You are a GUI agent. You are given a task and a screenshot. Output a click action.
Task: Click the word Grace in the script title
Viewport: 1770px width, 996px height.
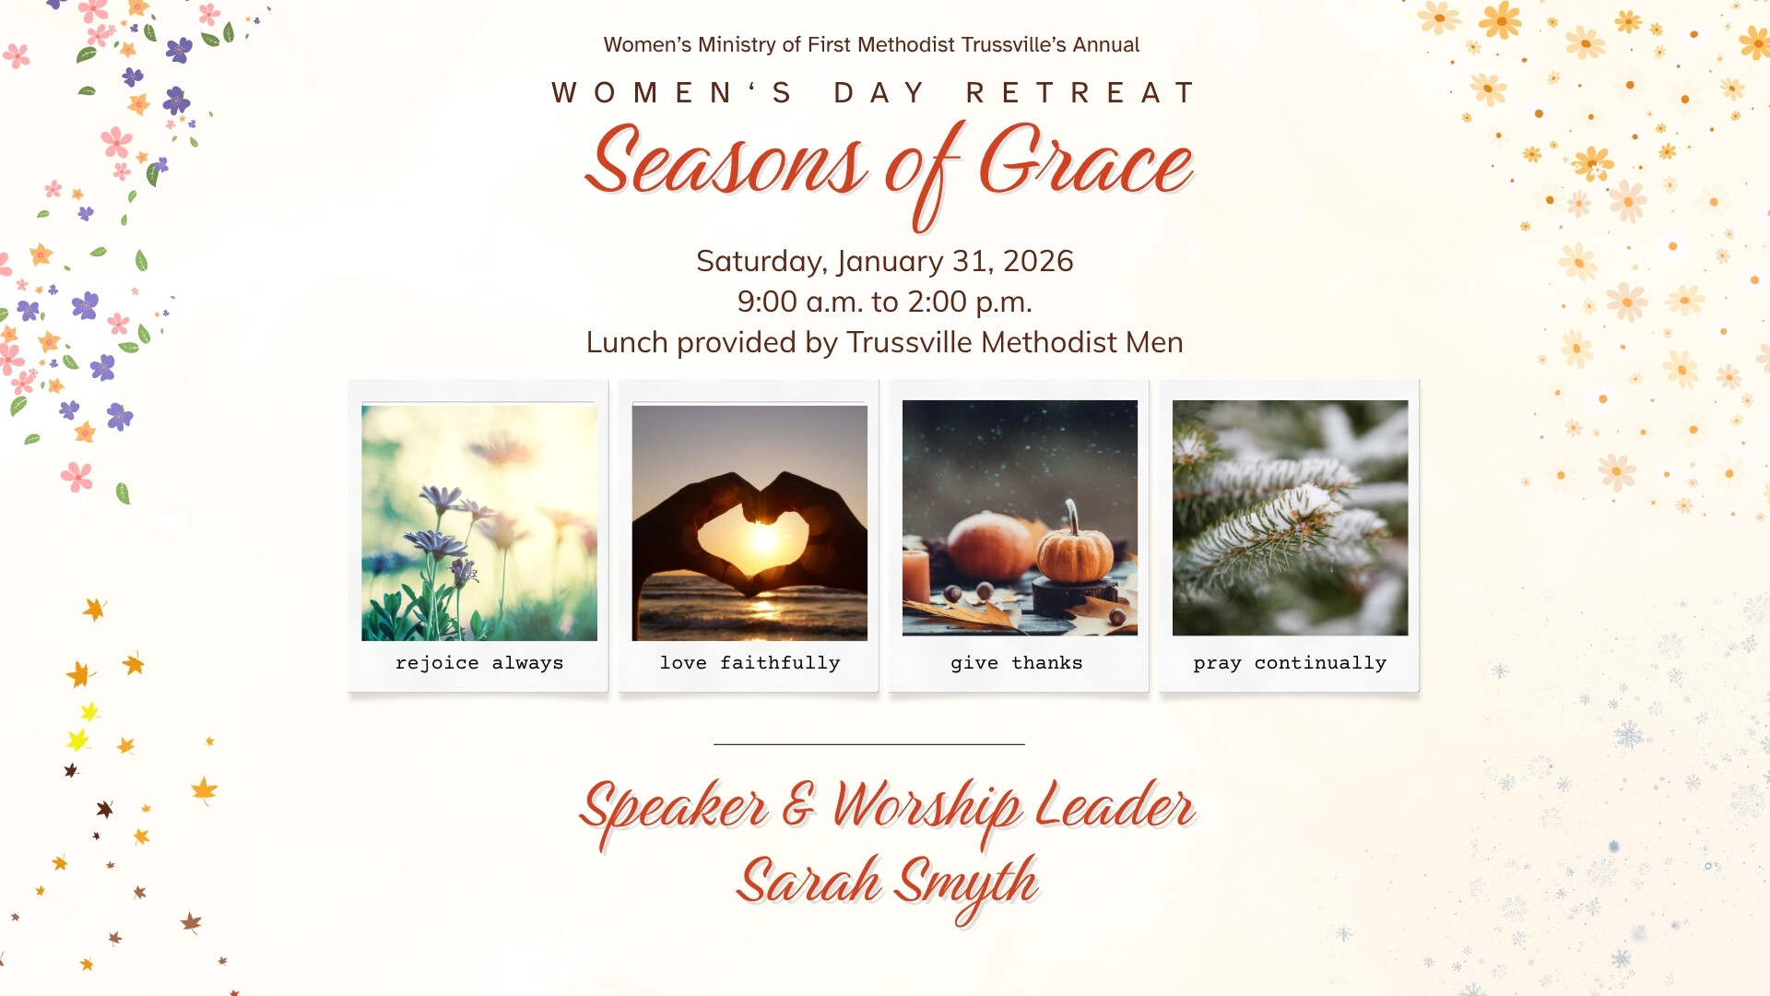click(1086, 162)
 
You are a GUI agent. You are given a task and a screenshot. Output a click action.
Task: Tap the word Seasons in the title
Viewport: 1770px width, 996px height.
click(726, 162)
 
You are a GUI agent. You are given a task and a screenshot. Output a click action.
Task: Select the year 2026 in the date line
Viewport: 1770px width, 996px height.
click(1038, 261)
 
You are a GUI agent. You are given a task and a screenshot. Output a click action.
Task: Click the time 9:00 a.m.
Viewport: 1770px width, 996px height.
click(800, 302)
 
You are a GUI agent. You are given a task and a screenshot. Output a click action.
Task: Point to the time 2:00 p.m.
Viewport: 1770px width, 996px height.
click(970, 302)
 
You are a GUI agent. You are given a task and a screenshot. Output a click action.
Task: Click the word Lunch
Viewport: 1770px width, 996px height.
click(627, 342)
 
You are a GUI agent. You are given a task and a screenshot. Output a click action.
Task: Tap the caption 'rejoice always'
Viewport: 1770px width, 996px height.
click(479, 663)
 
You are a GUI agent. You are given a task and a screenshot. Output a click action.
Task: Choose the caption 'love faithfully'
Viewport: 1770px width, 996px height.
click(749, 663)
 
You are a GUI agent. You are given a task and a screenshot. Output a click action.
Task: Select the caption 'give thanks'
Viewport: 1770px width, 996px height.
click(1017, 663)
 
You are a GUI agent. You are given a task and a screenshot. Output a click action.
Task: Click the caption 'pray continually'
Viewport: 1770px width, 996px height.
click(1290, 663)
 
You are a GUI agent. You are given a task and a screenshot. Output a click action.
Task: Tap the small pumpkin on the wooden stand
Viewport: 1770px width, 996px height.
click(1075, 551)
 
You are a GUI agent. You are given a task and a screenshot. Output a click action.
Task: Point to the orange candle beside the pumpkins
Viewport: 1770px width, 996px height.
click(915, 577)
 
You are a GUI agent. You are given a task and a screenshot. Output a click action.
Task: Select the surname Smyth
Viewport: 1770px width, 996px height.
click(968, 885)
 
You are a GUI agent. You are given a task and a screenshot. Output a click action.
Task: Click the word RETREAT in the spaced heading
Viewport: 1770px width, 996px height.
click(1080, 93)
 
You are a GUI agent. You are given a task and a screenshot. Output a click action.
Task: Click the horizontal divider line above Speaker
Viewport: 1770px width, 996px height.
click(869, 744)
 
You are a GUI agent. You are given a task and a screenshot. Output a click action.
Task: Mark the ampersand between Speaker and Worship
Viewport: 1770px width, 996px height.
click(799, 804)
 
